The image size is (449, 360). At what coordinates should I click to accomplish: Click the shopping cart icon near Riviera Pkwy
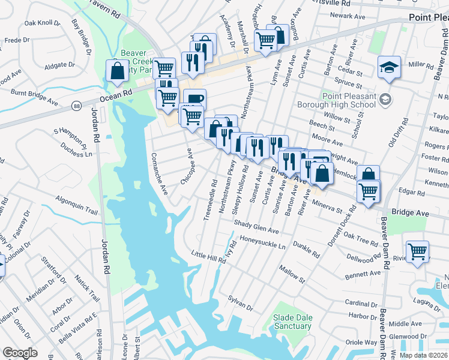[x=417, y=251]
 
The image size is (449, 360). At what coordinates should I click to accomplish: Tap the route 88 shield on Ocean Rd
[x=77, y=106]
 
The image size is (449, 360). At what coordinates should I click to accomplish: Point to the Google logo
[x=20, y=352]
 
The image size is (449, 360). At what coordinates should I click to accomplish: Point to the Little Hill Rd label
[x=208, y=256]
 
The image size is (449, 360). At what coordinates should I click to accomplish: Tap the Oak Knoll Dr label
[x=42, y=24]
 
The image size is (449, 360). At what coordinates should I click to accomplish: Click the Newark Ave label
[x=353, y=16]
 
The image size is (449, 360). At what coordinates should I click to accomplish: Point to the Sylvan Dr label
[x=240, y=303]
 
